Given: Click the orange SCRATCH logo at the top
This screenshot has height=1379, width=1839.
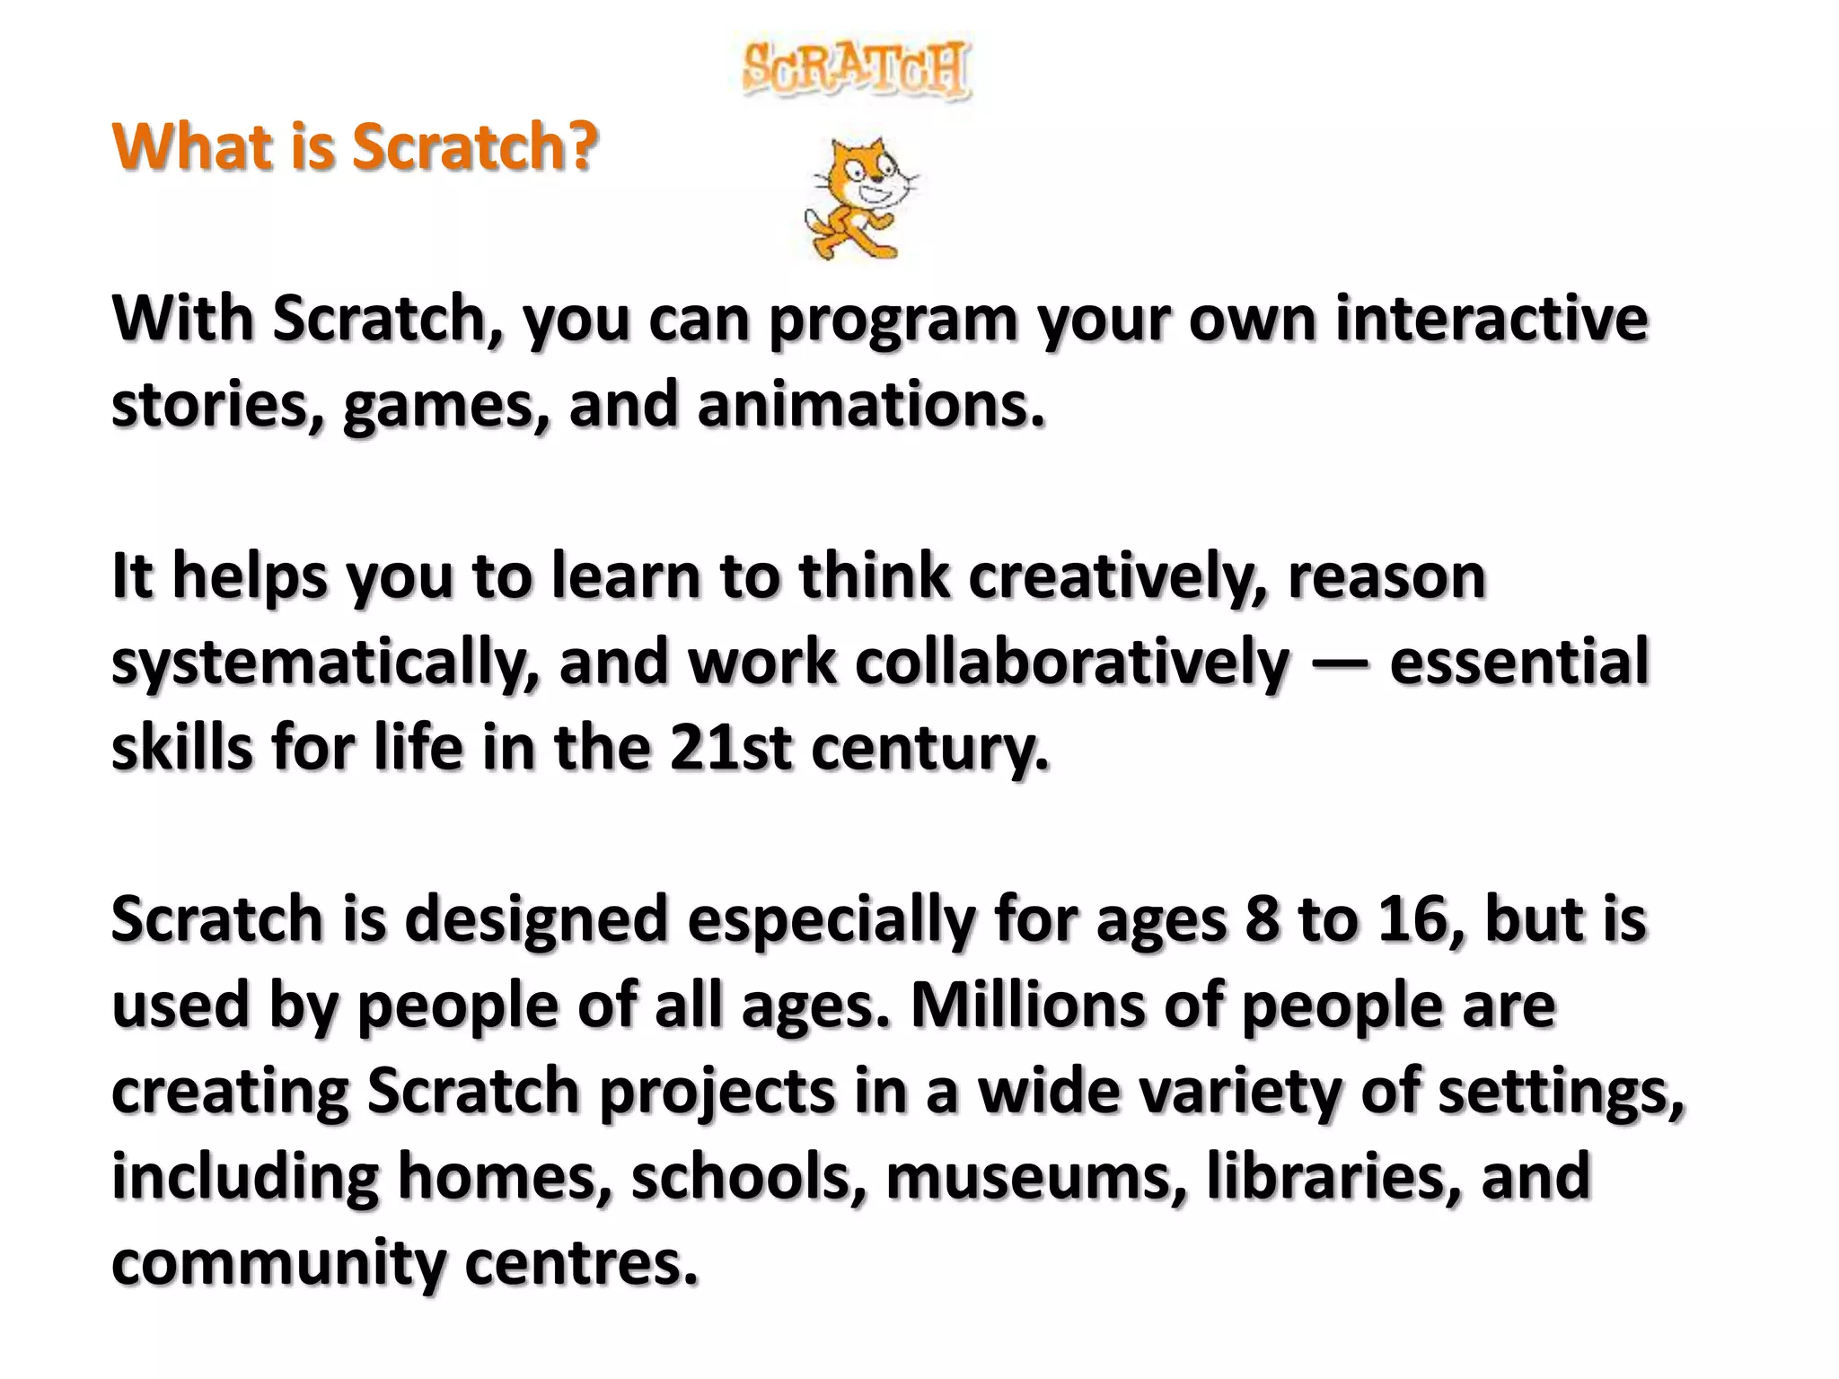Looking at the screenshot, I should [x=857, y=69].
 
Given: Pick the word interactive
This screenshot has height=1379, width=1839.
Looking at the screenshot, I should [x=1491, y=319].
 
